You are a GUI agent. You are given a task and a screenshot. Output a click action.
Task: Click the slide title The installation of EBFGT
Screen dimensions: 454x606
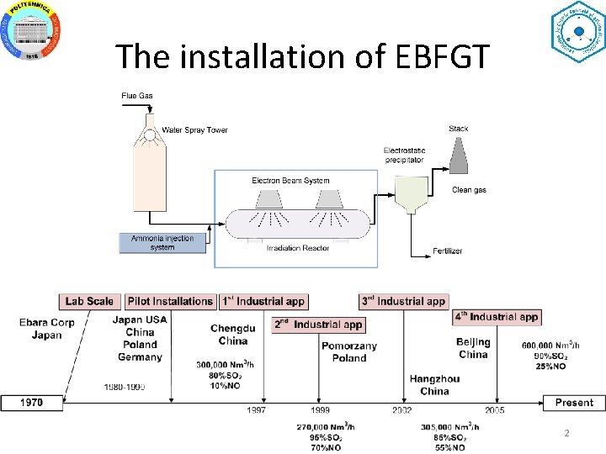[x=302, y=56]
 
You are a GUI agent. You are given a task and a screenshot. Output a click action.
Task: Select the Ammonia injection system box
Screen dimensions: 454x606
[x=162, y=243]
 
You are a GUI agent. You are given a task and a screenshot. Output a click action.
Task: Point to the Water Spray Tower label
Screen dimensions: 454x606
[x=194, y=130]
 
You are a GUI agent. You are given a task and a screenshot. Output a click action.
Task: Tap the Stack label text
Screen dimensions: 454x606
[x=459, y=129]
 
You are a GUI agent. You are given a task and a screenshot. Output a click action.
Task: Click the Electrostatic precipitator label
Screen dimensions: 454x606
[x=404, y=155]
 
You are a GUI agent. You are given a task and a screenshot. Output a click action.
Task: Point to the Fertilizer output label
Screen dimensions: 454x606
[x=448, y=251]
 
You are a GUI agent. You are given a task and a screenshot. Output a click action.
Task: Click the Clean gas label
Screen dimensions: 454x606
[x=469, y=190]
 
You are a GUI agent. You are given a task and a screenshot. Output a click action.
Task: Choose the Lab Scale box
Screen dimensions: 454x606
[x=89, y=301]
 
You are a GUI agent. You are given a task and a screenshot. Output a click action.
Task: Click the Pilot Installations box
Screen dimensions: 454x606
[x=170, y=301]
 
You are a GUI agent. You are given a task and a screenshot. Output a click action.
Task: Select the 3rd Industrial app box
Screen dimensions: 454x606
[x=403, y=301]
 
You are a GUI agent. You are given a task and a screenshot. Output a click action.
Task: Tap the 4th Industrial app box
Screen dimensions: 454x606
[x=497, y=317]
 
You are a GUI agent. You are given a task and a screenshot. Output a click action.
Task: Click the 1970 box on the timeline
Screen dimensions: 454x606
[x=33, y=403]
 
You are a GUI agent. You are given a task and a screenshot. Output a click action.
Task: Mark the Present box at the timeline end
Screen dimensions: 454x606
[x=574, y=403]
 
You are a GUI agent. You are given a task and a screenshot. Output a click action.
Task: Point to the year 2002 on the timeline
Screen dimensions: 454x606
[x=401, y=410]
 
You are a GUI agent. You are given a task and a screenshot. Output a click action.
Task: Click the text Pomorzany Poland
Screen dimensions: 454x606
[x=349, y=351]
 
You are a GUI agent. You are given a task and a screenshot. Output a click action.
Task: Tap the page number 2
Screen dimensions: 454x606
[x=566, y=433]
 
